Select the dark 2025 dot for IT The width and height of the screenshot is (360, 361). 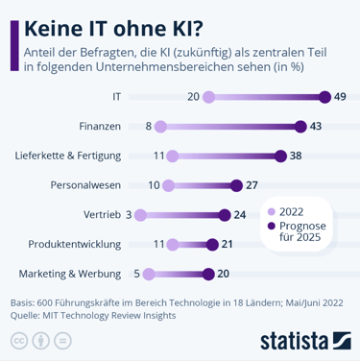[x=325, y=97]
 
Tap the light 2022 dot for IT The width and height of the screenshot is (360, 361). [x=209, y=97]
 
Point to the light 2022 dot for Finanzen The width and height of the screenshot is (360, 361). [x=160, y=127]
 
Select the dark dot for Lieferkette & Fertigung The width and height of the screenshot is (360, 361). [x=280, y=156]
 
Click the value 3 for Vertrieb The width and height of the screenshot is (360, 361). [x=129, y=215]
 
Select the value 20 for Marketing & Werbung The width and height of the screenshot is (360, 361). [x=223, y=274]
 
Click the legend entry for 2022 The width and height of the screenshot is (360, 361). [x=288, y=212]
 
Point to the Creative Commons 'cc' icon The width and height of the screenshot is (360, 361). [x=18, y=340]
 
